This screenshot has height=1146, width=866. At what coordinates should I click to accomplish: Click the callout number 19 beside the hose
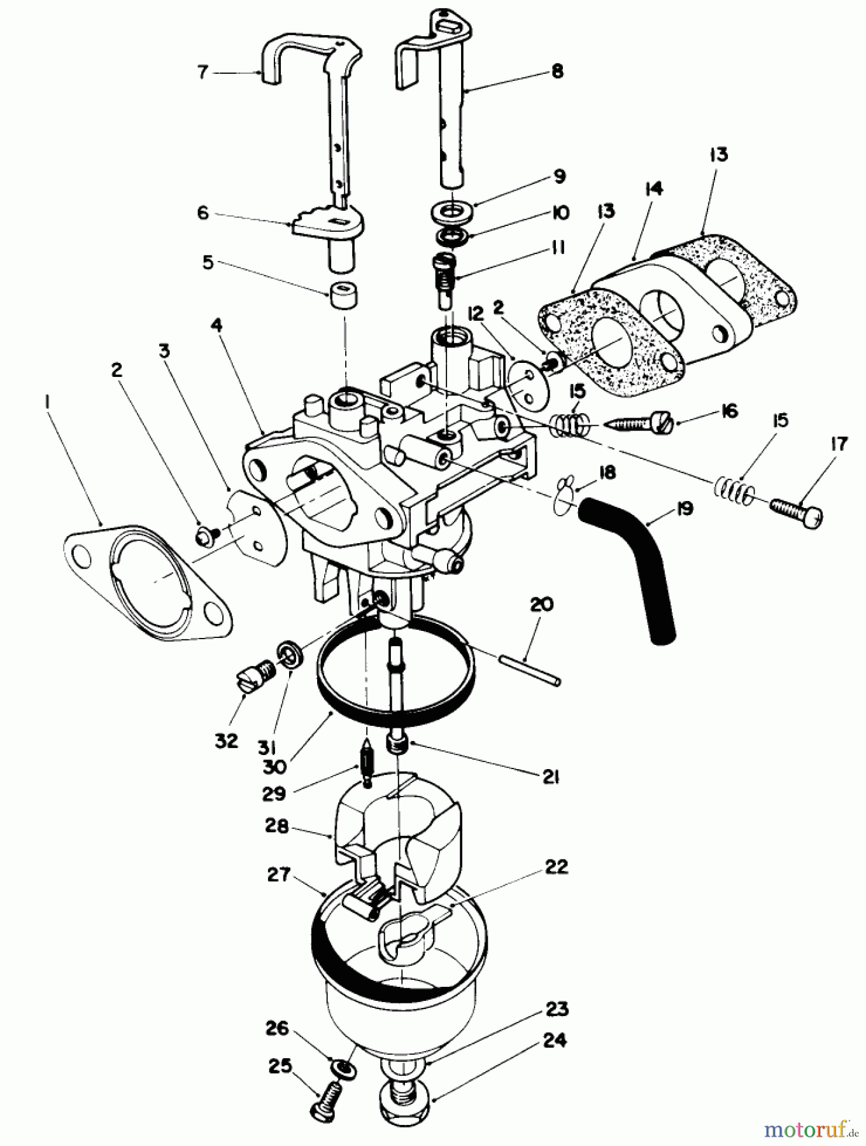click(x=684, y=510)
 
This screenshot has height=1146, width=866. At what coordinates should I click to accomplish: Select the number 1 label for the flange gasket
click(x=46, y=401)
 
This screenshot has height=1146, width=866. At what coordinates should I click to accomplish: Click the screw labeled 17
click(x=795, y=510)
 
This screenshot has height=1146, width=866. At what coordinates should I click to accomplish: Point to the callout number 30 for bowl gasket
click(x=275, y=768)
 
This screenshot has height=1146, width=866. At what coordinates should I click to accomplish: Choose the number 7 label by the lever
click(x=202, y=73)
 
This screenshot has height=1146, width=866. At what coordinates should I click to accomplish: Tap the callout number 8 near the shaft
click(x=557, y=71)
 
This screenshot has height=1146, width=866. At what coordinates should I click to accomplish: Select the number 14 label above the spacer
click(x=654, y=189)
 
